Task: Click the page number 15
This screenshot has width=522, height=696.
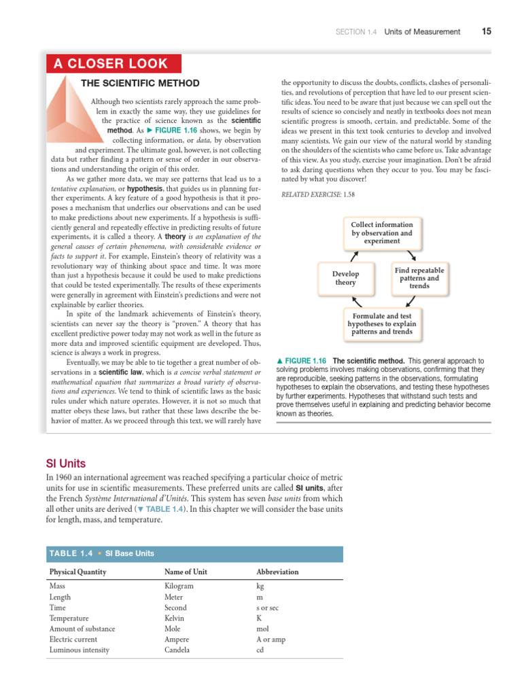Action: (x=486, y=31)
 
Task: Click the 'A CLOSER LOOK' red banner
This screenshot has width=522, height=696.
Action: (x=114, y=64)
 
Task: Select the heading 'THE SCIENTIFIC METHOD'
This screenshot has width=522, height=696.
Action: (x=141, y=84)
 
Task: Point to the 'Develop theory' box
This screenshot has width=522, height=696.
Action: (x=345, y=278)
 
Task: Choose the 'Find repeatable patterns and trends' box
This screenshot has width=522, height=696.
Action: (x=419, y=278)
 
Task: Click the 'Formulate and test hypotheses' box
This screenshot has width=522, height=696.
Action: (x=382, y=324)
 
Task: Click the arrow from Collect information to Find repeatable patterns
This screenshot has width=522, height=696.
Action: (x=411, y=256)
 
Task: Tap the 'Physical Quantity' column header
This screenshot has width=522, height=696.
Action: (x=77, y=572)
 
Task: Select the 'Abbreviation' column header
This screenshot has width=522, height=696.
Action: (x=277, y=572)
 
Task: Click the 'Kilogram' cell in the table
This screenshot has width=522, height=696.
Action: (x=179, y=585)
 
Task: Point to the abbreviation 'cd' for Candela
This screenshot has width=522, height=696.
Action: (x=260, y=650)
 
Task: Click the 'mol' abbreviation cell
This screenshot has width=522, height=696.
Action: (x=262, y=629)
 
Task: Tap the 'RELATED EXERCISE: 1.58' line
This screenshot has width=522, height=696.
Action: (x=317, y=194)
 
